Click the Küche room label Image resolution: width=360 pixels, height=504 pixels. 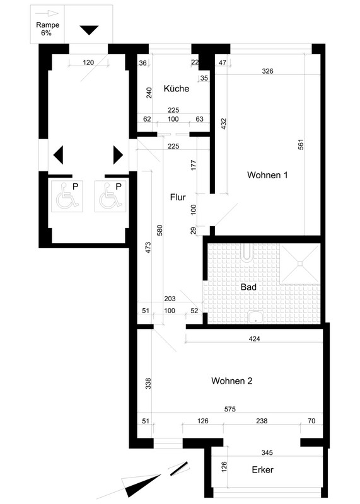(x=177, y=88)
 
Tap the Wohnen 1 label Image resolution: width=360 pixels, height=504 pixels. (x=267, y=175)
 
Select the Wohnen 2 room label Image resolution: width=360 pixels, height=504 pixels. (x=231, y=381)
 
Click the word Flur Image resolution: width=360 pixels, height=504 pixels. (x=178, y=197)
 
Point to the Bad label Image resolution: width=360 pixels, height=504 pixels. (x=248, y=287)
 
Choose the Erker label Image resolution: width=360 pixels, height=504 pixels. (x=262, y=469)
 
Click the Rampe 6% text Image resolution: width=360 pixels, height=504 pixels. (x=47, y=28)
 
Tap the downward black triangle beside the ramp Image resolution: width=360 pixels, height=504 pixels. (x=89, y=30)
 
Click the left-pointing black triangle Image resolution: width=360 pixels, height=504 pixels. (x=58, y=155)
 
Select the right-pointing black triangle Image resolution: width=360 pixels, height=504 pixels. (x=118, y=155)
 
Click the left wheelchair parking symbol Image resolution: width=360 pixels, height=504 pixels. (x=67, y=196)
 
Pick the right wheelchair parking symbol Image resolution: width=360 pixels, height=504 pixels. (x=110, y=196)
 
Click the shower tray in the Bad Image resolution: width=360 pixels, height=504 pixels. (x=300, y=264)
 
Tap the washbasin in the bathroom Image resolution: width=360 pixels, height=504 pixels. (x=256, y=318)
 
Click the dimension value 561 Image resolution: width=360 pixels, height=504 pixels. (x=301, y=145)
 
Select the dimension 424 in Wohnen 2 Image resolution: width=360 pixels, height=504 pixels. (x=254, y=338)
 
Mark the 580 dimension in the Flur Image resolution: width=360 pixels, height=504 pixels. (x=160, y=231)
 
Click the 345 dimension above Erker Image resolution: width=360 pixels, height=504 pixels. (x=267, y=452)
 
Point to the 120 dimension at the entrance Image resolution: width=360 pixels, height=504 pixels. (x=88, y=62)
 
